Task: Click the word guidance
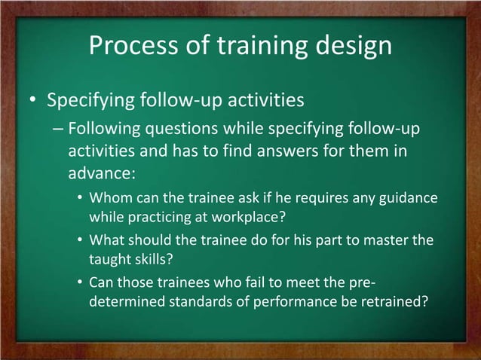tap(406, 200)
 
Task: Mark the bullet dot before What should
tap(80, 243)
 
